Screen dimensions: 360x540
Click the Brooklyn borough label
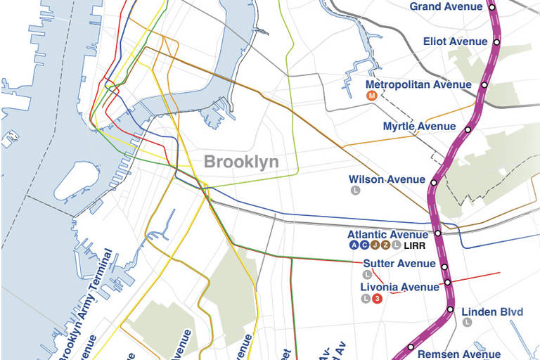(x=241, y=162)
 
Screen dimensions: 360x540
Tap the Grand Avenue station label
(x=446, y=7)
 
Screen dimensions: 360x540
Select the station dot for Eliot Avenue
(x=496, y=42)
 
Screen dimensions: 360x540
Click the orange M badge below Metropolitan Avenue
(x=371, y=96)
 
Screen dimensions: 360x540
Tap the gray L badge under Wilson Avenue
(x=356, y=191)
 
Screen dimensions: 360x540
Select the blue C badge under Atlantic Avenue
(x=364, y=245)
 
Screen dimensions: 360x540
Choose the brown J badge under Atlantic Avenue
(x=375, y=245)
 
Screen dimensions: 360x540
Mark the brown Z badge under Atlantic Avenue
(x=385, y=245)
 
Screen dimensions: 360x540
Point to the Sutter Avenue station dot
(x=444, y=266)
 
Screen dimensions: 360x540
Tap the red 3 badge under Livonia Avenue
(x=377, y=299)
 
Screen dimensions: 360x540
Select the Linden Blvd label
(x=487, y=311)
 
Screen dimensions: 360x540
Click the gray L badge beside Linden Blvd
(x=467, y=323)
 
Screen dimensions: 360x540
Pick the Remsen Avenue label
(x=459, y=354)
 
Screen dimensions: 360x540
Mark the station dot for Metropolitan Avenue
(x=484, y=85)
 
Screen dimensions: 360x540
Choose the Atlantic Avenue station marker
(x=437, y=233)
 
